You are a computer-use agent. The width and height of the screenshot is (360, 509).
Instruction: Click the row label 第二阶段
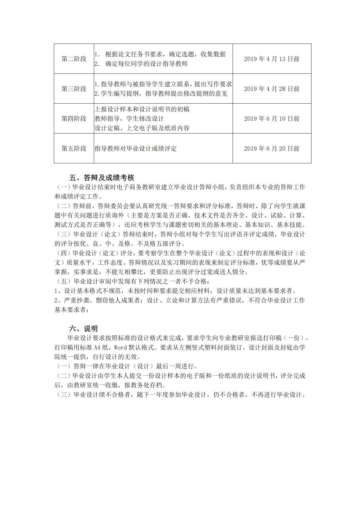(x=74, y=59)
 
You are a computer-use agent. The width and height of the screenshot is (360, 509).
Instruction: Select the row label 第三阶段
(x=74, y=89)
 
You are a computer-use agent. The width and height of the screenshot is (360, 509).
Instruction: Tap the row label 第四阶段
(x=74, y=119)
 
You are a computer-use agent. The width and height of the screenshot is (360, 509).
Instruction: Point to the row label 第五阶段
(x=74, y=149)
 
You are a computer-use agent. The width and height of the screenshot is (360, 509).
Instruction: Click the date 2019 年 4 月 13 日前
(x=272, y=59)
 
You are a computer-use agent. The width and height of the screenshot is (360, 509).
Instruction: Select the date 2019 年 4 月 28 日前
(x=272, y=89)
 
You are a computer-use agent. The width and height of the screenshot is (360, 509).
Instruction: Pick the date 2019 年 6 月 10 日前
(x=272, y=119)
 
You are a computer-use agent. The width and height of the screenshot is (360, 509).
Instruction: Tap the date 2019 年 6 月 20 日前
(x=272, y=149)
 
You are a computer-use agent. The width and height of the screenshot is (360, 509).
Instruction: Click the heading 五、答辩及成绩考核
(x=102, y=178)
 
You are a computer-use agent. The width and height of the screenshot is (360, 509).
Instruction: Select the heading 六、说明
(x=83, y=329)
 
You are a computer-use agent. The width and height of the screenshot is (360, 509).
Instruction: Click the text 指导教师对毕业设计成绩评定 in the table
(x=136, y=149)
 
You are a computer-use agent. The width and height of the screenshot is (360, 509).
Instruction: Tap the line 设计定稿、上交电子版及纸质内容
(x=142, y=128)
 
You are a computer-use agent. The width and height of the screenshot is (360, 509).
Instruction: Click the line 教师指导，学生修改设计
(x=129, y=119)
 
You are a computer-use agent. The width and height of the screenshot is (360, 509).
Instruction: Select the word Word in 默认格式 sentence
(x=122, y=348)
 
